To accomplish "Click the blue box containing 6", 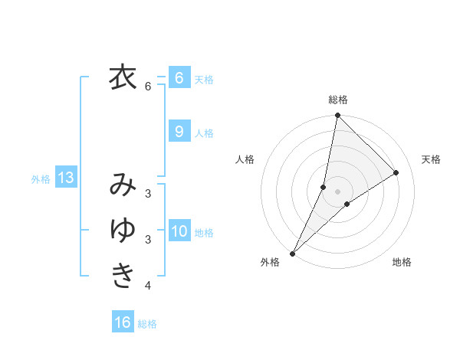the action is [179, 77].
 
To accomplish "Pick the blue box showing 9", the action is [179, 131].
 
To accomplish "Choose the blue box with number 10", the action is [179, 231].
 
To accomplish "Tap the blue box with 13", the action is [65, 178].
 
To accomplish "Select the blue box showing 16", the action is [123, 322].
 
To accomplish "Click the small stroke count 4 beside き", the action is [148, 286].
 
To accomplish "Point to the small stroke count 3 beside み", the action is [148, 194].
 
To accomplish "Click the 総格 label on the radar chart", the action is [338, 100].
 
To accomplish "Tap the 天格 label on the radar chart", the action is [431, 159].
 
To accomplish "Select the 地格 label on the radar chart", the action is [402, 262].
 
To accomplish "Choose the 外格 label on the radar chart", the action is [270, 262].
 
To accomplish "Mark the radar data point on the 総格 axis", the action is [338, 116].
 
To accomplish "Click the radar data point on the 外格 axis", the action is [292, 254].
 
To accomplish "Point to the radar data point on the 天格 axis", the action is [396, 172].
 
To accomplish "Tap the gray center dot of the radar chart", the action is [338, 191].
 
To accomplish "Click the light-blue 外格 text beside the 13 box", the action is [41, 179].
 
